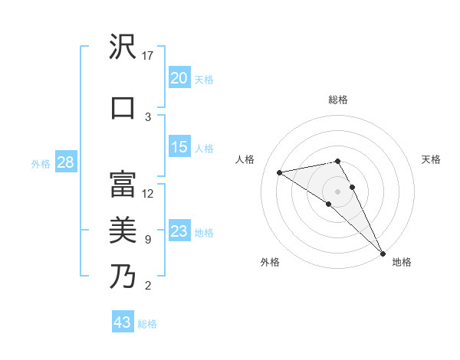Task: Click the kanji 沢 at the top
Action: click(123, 48)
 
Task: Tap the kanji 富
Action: click(123, 184)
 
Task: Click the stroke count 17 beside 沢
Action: click(149, 56)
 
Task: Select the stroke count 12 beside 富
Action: click(149, 193)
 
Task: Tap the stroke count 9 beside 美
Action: click(148, 240)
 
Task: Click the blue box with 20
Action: click(179, 78)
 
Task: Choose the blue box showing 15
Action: click(179, 147)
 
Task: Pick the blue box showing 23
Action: click(179, 231)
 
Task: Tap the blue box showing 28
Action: click(65, 162)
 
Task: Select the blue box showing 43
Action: click(123, 322)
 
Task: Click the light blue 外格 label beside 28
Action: click(41, 163)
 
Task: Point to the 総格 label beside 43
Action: click(148, 324)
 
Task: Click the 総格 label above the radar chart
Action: click(338, 100)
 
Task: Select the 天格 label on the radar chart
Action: click(432, 159)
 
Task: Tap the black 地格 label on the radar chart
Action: click(402, 263)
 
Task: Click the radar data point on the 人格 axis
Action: click(280, 172)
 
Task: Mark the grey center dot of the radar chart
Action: click(337, 191)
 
